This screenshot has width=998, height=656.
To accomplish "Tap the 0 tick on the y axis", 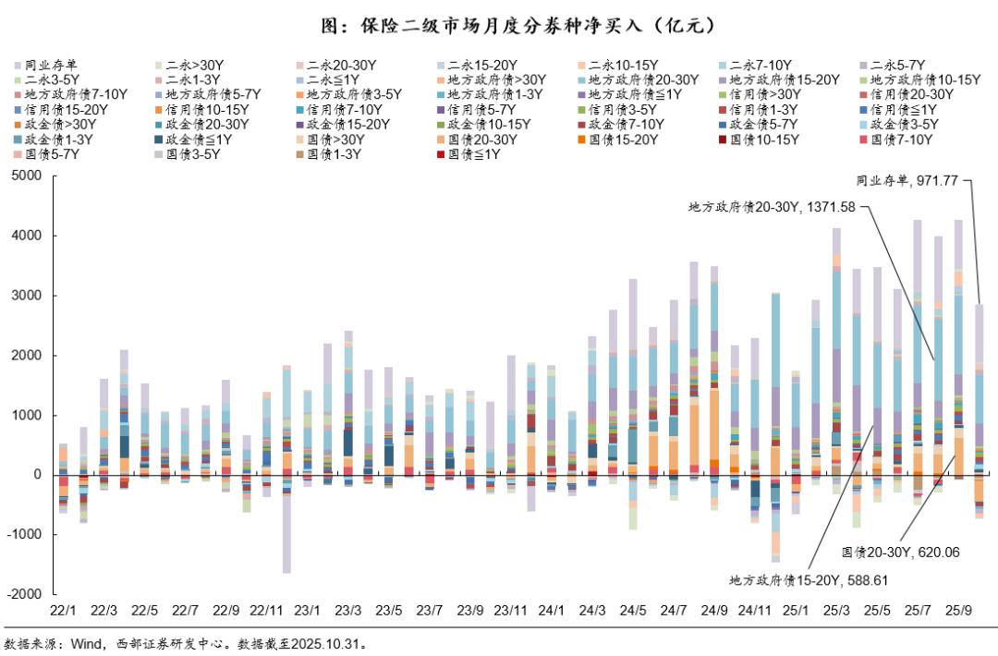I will tap(39, 475).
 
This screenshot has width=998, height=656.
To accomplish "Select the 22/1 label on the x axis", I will tap(63, 611).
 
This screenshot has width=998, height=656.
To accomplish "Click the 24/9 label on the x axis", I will tap(713, 611).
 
